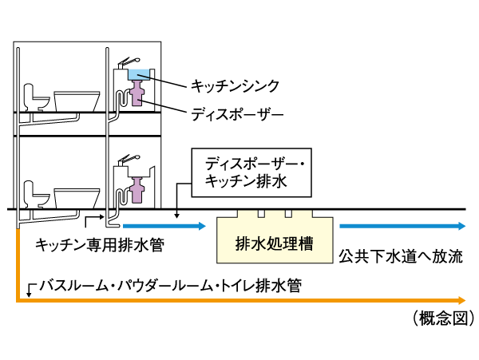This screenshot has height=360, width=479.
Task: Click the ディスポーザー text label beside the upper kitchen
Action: click(237, 113)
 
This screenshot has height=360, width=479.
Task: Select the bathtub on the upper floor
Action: click(77, 100)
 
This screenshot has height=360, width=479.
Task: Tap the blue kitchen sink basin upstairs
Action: click(142, 75)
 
